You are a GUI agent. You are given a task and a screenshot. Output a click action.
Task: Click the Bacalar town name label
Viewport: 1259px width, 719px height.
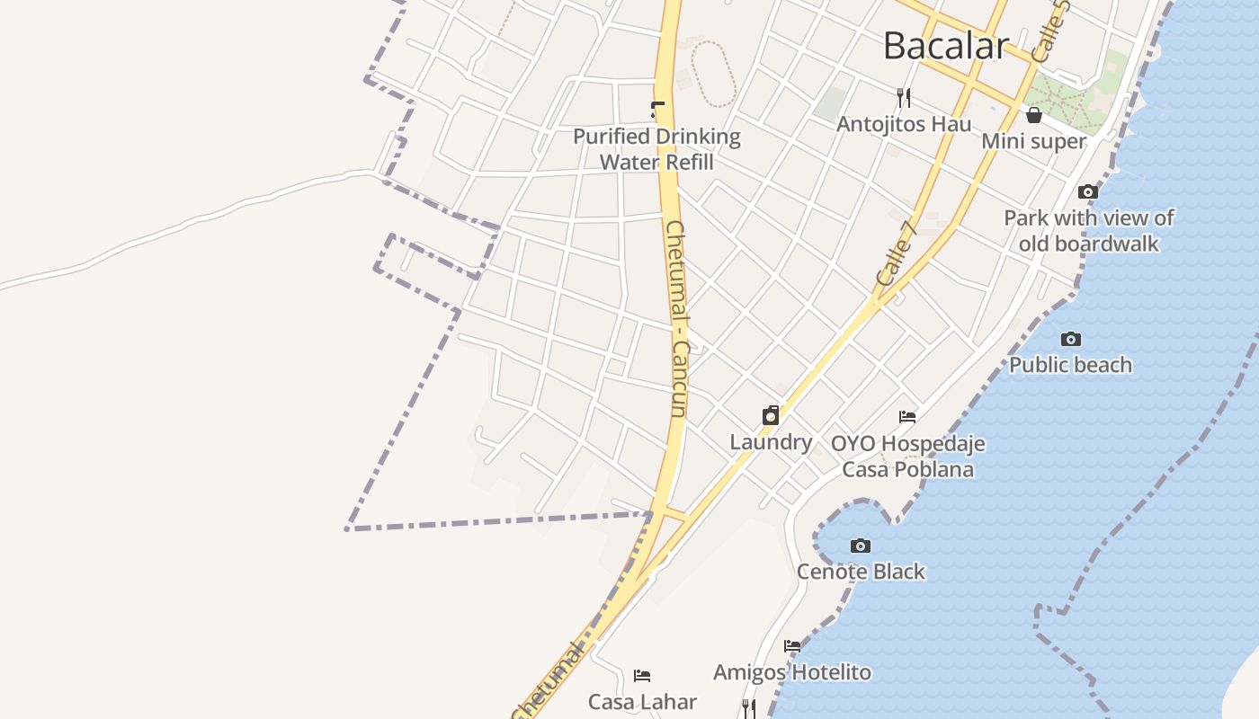[x=946, y=45]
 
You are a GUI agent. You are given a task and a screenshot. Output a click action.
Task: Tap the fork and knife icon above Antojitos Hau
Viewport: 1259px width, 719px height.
[x=904, y=97]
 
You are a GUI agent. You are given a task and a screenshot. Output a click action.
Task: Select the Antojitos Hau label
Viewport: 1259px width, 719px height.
[x=904, y=124]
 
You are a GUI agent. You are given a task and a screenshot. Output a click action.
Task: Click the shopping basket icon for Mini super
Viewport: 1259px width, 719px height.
[x=1034, y=115]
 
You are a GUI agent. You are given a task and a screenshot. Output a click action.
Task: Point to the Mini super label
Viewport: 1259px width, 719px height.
[x=1034, y=141]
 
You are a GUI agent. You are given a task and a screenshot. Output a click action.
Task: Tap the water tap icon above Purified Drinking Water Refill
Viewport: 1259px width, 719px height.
[x=657, y=111]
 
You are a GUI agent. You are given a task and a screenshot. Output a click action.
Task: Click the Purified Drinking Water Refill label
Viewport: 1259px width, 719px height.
[x=657, y=149]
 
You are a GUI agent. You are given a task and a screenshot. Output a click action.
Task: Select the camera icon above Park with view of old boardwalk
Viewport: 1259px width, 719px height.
[x=1088, y=191]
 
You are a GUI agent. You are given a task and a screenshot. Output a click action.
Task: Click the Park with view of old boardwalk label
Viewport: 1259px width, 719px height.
[x=1089, y=231]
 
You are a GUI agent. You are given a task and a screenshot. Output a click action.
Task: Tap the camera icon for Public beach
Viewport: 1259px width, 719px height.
[x=1070, y=339]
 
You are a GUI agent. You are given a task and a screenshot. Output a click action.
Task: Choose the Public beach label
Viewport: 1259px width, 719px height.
[x=1070, y=365]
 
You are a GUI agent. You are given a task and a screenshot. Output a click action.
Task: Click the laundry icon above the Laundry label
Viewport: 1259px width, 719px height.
[x=771, y=415]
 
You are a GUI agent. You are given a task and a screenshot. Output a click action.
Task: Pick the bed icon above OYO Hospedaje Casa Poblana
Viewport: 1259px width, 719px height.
[x=907, y=417]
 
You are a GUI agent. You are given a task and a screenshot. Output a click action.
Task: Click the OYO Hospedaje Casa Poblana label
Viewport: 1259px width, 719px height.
[x=907, y=457]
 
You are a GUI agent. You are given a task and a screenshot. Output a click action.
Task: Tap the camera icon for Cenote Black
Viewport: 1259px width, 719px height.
[x=861, y=546]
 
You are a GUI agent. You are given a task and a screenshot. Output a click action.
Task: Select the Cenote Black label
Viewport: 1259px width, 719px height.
[x=861, y=572]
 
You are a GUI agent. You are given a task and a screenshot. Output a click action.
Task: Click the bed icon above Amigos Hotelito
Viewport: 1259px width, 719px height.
[x=792, y=646]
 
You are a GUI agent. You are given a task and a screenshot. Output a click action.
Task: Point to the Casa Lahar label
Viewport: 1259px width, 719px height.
[x=642, y=701]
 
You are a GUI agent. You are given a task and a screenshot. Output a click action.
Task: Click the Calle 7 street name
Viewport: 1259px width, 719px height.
[x=897, y=255]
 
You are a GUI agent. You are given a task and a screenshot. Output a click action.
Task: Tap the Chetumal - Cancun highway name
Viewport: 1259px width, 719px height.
[x=676, y=319]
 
